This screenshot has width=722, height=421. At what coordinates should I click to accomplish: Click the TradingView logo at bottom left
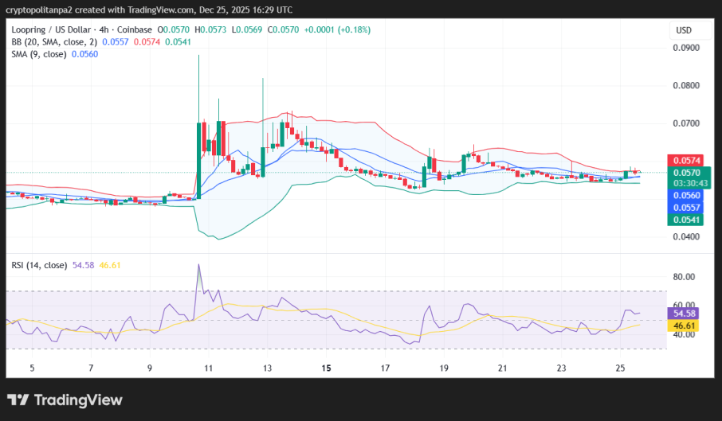pos(65,400)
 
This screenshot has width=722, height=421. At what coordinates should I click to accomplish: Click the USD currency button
pos(684,30)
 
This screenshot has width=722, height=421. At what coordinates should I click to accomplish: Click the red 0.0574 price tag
pos(686,161)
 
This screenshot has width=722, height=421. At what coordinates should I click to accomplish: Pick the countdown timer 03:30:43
pos(686,183)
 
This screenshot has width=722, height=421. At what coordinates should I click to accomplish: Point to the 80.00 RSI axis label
pos(685,277)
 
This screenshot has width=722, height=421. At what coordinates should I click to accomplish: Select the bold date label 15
pos(326,368)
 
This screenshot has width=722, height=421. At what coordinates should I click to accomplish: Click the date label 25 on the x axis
pos(621,368)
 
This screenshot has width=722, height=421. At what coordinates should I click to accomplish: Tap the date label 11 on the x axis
pos(209,368)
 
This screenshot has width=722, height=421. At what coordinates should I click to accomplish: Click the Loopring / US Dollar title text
pos(57,29)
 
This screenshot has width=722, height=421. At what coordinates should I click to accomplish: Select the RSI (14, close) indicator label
pos(37,264)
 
